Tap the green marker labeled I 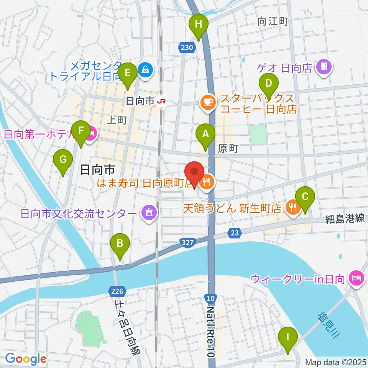point(287,339)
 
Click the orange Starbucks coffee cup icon point(208,103)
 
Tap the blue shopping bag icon point(146,70)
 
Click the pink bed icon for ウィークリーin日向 point(356,277)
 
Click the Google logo point(26,359)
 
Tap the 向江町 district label point(273,22)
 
